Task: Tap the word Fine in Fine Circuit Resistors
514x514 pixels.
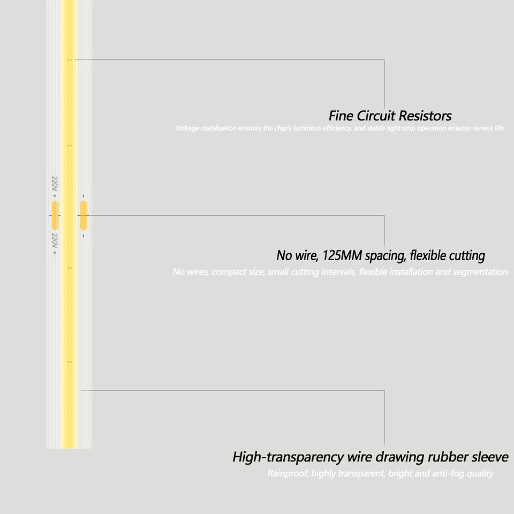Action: (x=340, y=116)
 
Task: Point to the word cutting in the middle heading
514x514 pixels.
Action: (x=465, y=255)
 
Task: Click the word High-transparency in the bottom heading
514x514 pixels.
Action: (x=288, y=457)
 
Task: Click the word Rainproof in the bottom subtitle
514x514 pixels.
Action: (x=288, y=473)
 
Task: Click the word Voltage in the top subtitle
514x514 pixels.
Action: (x=187, y=128)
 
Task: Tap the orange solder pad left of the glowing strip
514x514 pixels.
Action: (x=55, y=215)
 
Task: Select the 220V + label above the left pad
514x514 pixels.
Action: (x=55, y=187)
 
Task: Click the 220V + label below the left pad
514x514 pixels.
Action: (x=55, y=244)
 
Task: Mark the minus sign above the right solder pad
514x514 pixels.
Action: (x=84, y=196)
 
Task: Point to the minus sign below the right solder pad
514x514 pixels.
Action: (x=84, y=236)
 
